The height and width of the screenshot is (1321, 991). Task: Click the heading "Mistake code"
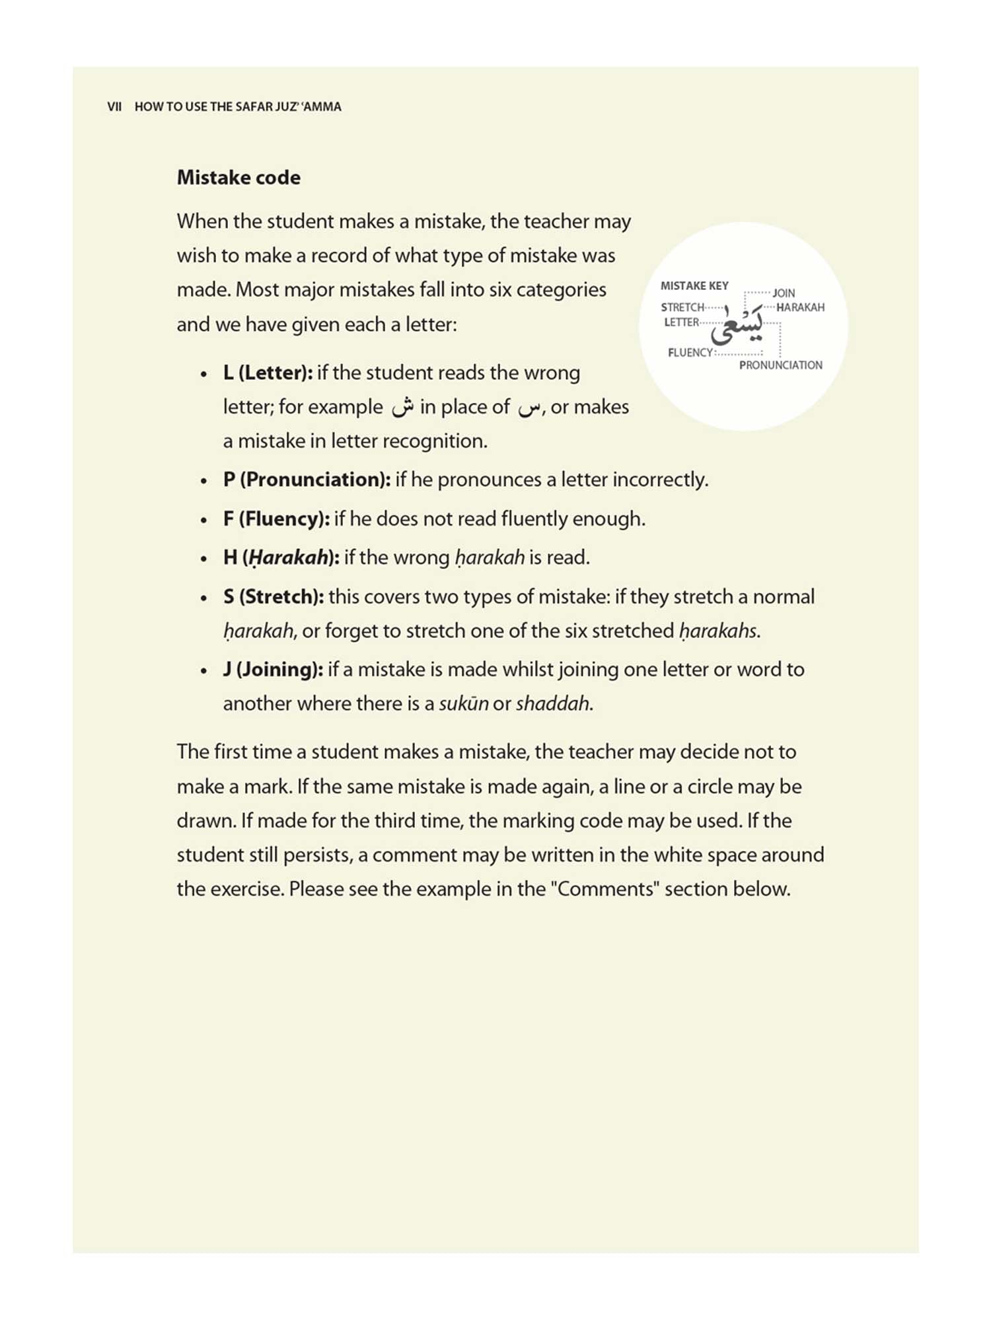pos(239,178)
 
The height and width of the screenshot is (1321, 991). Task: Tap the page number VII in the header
pos(114,107)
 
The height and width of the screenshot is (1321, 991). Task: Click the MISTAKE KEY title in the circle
pos(694,286)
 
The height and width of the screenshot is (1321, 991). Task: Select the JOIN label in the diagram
pos(784,293)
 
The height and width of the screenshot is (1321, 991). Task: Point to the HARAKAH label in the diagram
pos(800,308)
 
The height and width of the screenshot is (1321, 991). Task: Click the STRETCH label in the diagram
pos(682,308)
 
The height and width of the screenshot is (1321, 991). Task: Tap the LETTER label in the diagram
pos(682,322)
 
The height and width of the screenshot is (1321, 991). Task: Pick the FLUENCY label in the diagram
pos(690,353)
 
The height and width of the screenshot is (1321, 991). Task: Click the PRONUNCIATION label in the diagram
pos(780,365)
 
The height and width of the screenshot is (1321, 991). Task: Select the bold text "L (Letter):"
pos(268,373)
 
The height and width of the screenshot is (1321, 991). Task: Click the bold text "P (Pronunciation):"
pos(307,480)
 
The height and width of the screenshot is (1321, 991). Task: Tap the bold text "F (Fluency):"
pos(276,519)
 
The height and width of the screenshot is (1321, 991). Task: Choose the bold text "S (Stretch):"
pos(274,597)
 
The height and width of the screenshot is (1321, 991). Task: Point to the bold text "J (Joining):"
pos(273,670)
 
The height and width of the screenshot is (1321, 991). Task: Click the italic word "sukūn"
pos(463,704)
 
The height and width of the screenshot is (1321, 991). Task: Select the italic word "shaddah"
pos(553,704)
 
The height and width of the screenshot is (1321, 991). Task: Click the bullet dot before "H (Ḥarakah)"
pos(204,559)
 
